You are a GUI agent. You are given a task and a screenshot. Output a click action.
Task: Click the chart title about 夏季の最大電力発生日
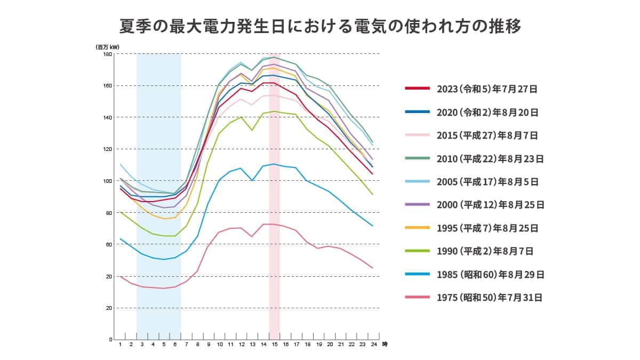coord(320,26)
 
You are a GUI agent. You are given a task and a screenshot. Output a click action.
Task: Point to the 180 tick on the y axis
coord(108,54)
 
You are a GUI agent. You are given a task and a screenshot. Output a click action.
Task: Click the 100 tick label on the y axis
coord(108,181)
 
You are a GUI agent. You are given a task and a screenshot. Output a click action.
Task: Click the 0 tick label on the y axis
coord(110,340)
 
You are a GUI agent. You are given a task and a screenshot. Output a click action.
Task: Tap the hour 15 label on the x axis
coord(275,345)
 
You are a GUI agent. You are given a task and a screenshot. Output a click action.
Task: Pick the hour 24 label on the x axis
coord(373,345)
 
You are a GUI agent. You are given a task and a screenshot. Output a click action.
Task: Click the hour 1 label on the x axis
coord(120,345)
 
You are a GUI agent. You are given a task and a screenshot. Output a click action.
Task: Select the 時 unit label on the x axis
coord(385,345)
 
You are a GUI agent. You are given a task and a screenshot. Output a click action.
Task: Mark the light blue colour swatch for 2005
coord(417,182)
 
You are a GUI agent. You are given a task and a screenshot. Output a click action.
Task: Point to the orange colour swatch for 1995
coord(417,228)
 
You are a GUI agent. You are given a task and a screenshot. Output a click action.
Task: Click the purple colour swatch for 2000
coord(417,205)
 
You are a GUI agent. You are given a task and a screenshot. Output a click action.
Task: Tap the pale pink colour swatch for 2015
coord(417,135)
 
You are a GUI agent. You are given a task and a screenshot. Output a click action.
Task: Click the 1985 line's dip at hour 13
coord(252,180)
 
